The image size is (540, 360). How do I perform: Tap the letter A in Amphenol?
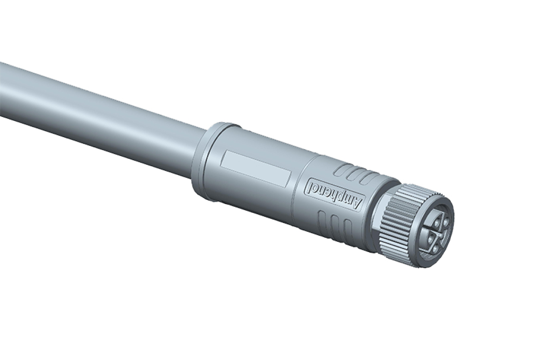coord(357,203)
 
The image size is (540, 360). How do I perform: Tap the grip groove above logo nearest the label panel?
coord(341,169)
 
